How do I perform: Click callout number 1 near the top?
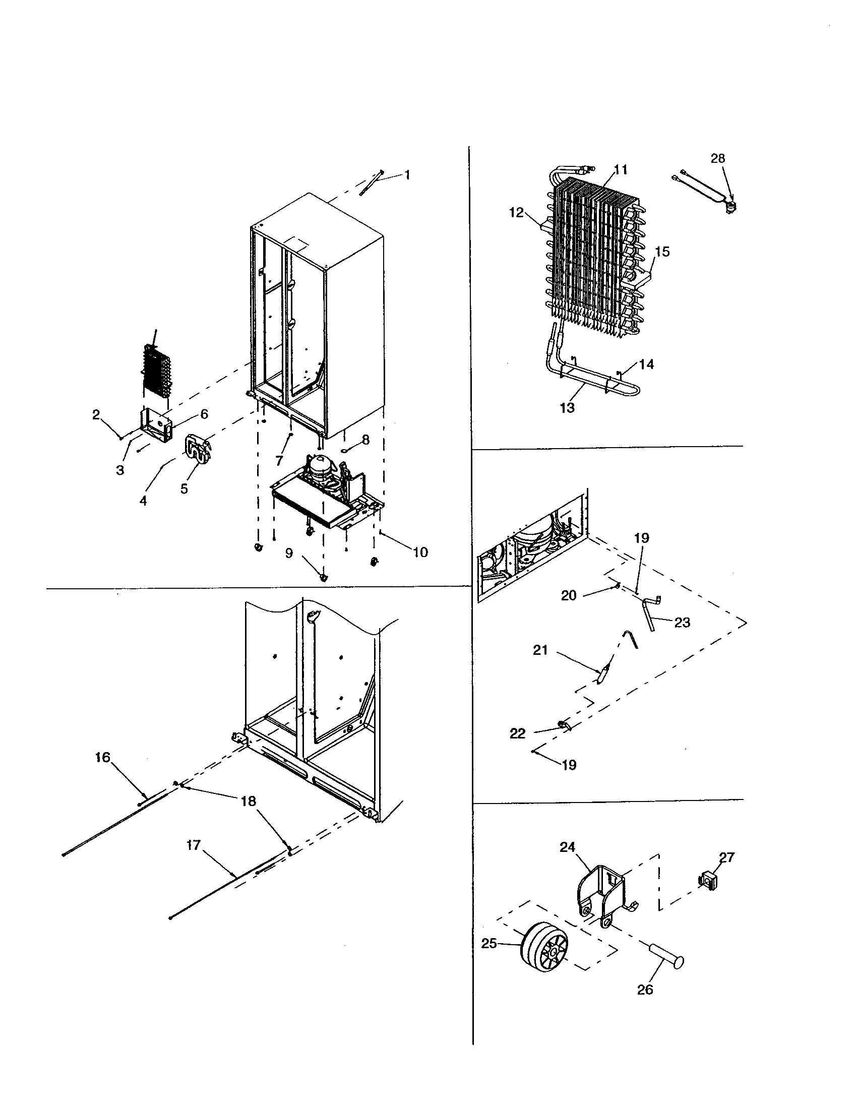pos(407,175)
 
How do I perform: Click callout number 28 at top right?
pos(717,158)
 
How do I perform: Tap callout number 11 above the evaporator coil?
pos(621,169)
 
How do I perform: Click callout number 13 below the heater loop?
pos(567,408)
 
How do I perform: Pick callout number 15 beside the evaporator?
pos(662,252)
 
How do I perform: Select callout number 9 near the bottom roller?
pos(289,553)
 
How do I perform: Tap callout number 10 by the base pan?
pos(420,552)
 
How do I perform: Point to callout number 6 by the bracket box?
pos(204,414)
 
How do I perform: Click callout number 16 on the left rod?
pos(102,772)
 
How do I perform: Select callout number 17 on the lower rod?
pos(194,845)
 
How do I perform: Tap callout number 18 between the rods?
pos(248,802)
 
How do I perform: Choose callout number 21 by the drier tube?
pos(540,649)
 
